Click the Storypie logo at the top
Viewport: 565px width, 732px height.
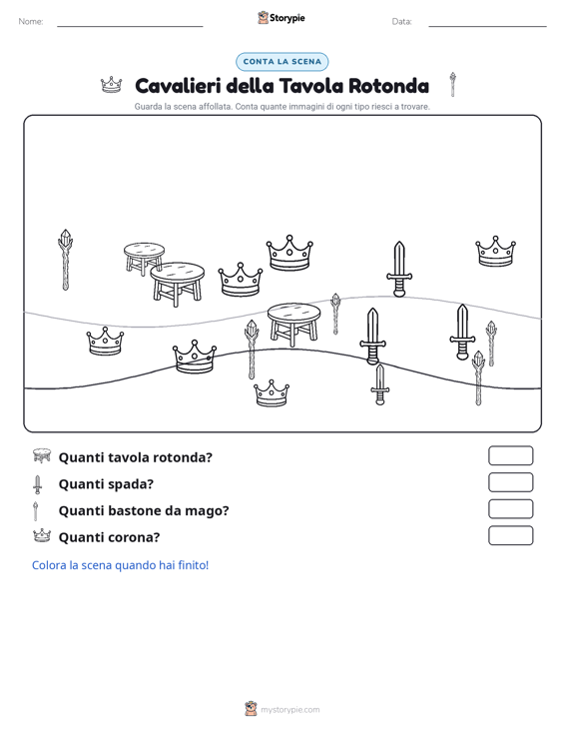(282, 18)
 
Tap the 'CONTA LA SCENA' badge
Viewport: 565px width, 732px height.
(282, 62)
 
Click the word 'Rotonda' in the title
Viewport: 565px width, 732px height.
(388, 86)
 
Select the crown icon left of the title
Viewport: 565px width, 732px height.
(112, 85)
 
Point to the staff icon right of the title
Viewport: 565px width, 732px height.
(452, 85)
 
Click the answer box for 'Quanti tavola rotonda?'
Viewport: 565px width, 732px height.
(511, 455)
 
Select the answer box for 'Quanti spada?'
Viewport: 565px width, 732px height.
(511, 482)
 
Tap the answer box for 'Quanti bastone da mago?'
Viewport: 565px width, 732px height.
(511, 509)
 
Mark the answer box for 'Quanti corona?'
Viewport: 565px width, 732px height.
(511, 535)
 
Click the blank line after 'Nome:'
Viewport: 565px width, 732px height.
(130, 26)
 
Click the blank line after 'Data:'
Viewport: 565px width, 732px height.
(487, 26)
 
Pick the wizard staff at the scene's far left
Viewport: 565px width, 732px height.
(65, 260)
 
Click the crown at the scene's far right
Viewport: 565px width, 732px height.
(495, 252)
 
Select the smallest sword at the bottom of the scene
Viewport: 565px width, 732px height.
(379, 384)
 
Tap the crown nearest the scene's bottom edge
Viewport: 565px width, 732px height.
(272, 393)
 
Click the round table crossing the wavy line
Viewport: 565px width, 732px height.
(293, 324)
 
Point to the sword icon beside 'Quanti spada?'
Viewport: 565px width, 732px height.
(37, 484)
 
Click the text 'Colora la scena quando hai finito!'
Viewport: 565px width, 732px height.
(121, 565)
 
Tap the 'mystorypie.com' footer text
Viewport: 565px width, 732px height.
(290, 710)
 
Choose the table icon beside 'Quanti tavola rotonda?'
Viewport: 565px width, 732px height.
(42, 455)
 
